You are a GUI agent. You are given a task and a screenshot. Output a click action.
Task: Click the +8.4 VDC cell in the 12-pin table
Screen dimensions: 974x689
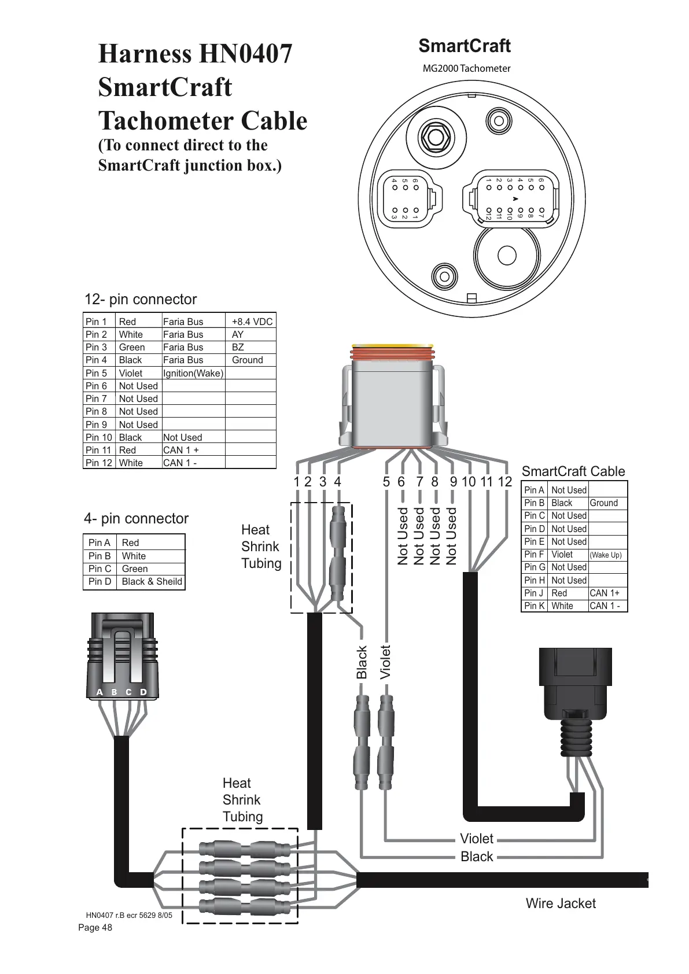252,322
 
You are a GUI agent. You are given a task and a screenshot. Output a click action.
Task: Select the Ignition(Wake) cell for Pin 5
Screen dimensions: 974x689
193,373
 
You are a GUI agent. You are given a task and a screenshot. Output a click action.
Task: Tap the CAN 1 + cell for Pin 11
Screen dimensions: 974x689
181,450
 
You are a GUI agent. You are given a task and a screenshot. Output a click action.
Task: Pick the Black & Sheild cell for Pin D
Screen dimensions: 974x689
152,581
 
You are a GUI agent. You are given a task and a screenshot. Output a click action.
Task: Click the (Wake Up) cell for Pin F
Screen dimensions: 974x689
606,555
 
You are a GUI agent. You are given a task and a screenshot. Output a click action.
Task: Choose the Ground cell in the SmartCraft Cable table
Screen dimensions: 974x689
603,503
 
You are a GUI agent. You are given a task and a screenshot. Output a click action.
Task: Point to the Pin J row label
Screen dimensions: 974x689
533,593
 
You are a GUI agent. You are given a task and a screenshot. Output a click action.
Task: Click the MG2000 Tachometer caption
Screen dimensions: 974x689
466,68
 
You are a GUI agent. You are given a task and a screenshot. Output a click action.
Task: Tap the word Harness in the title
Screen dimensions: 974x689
145,54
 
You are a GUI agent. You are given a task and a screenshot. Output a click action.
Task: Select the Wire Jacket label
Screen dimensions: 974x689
560,903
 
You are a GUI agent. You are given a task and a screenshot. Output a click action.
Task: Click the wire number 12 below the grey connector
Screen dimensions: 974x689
504,482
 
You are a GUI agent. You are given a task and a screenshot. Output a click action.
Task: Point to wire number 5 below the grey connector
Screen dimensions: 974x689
386,482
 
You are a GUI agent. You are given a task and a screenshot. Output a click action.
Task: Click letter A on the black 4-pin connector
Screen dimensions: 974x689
100,692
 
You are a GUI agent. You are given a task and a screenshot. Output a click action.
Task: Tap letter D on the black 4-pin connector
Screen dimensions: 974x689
143,692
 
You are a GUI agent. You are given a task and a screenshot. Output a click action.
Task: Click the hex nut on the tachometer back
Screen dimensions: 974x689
435,136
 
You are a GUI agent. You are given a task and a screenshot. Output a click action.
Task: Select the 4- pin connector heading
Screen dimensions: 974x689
136,518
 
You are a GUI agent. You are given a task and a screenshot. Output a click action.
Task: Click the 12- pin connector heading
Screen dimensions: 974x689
141,299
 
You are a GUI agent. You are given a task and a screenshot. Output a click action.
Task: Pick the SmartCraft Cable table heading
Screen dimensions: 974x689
573,471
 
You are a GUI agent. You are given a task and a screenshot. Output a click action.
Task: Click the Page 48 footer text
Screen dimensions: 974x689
95,928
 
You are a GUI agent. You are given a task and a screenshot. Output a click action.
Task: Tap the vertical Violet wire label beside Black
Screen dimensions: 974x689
385,662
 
